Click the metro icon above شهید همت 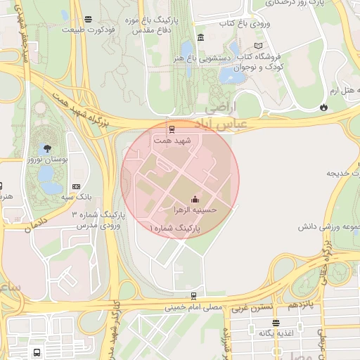pos(172,129)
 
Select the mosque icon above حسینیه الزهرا pos(195,198)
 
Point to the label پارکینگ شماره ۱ pos(175,229)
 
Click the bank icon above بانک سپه pos(76,186)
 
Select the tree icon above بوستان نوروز pos(47,148)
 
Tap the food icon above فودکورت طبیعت pos(87,19)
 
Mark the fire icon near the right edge pos(323,108)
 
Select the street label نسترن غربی pos(250,308)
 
